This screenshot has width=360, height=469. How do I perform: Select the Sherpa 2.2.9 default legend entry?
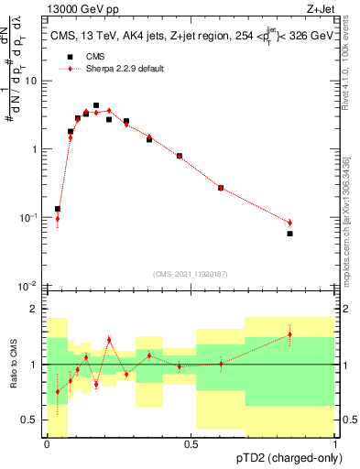click(119, 69)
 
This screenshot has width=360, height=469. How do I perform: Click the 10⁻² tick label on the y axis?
click(27, 286)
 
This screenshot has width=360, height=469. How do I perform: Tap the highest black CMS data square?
click(96, 105)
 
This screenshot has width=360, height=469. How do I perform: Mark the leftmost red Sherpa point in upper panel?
click(57, 219)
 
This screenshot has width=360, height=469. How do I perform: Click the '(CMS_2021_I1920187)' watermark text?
click(191, 274)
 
